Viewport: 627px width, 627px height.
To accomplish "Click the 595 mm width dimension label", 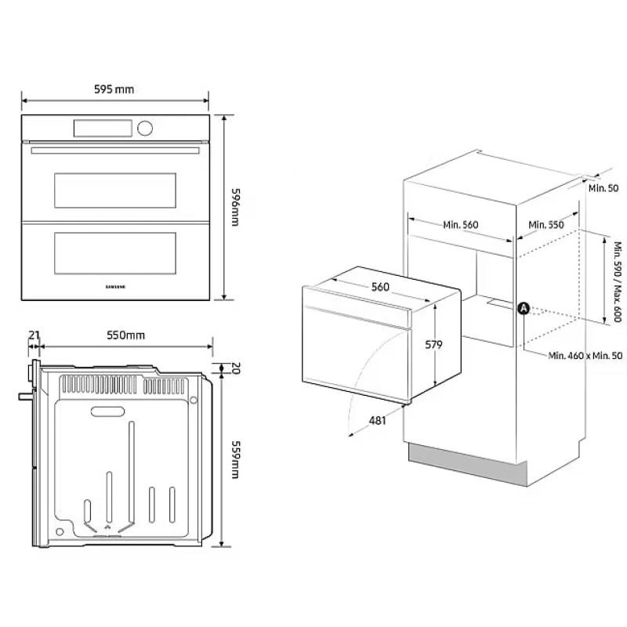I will coord(114,89).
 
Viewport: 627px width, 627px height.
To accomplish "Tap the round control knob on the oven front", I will coord(145,128).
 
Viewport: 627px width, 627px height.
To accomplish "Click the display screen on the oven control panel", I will coord(103,128).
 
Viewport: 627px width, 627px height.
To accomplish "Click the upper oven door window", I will coord(114,190).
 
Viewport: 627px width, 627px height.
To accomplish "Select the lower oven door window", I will coord(114,253).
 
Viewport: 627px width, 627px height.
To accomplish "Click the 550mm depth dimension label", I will coord(126,335).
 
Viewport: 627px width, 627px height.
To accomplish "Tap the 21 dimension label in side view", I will coord(33,335).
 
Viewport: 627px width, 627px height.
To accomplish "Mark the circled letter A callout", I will coord(524,309).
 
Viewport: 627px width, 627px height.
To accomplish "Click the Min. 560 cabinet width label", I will coord(460,225).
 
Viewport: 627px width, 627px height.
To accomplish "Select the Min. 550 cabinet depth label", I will coord(546,225).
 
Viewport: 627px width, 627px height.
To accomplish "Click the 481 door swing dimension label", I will coord(377,421).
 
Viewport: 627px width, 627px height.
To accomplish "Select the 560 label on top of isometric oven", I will coord(380,287).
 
